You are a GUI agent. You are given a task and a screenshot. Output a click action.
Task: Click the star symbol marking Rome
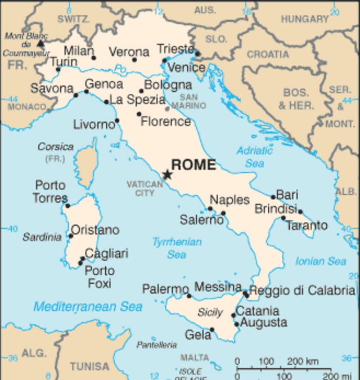click(x=167, y=175)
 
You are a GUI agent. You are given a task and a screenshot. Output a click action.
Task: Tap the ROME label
click(x=193, y=165)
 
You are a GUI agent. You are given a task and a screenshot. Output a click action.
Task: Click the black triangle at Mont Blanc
click(x=40, y=43)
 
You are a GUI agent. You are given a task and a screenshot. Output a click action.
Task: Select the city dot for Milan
click(x=94, y=57)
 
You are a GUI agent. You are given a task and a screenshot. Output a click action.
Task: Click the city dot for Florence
click(x=139, y=114)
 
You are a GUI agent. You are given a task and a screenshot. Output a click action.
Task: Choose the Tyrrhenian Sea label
click(x=177, y=248)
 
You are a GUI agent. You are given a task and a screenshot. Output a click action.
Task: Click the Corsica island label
click(x=56, y=146)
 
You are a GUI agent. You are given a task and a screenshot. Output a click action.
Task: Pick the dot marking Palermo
click(x=189, y=296)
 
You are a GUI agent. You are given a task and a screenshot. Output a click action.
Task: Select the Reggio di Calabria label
click(x=302, y=290)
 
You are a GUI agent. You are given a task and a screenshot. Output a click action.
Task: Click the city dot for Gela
click(x=212, y=330)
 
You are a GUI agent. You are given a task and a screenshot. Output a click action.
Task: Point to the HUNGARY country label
click(x=304, y=19)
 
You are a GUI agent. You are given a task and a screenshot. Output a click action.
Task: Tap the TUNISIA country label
click(x=90, y=366)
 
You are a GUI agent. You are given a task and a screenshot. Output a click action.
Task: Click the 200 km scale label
click(x=303, y=361)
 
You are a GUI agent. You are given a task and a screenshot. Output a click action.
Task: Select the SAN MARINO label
click(x=184, y=101)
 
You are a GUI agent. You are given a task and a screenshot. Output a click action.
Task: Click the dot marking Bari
click(x=273, y=197)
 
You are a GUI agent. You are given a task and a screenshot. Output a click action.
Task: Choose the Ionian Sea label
click(x=321, y=261)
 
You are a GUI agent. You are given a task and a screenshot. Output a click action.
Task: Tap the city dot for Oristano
click(x=71, y=236)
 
